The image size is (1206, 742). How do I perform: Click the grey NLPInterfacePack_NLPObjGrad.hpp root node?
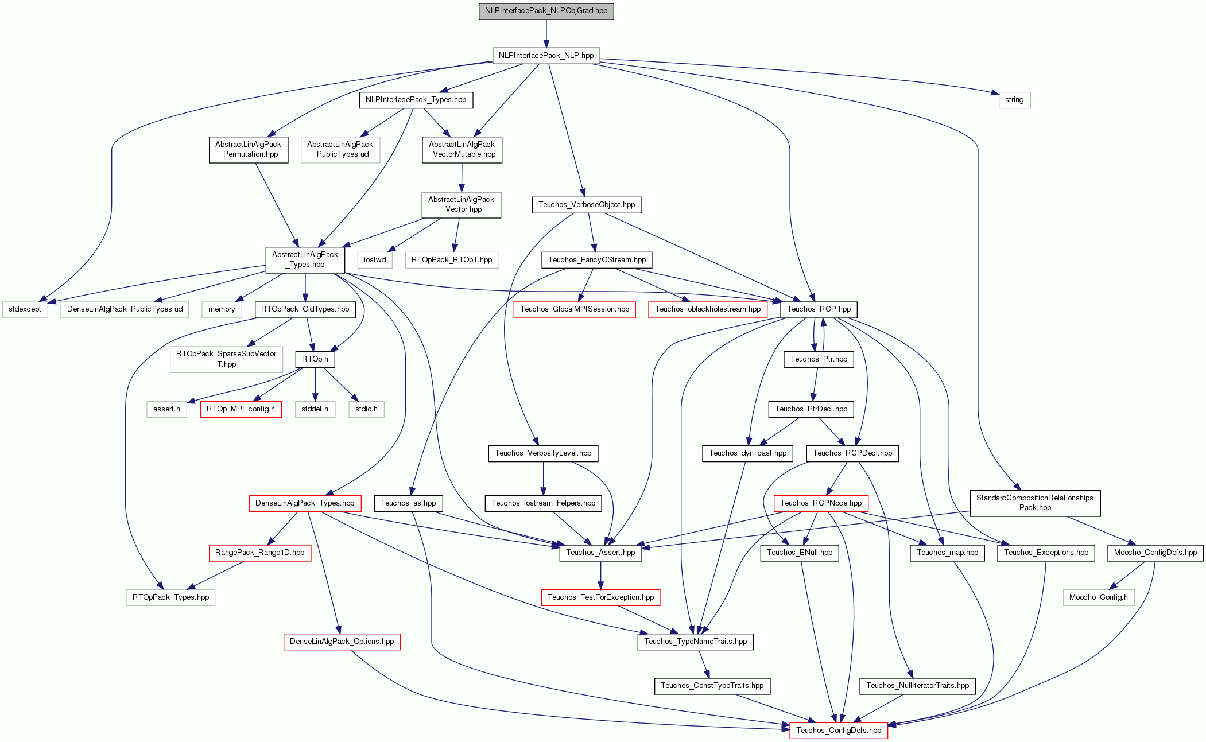point(546,11)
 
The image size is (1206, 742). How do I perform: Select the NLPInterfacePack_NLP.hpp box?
point(546,56)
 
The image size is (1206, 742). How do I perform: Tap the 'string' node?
point(1014,100)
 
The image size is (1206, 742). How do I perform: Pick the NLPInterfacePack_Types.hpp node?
point(416,100)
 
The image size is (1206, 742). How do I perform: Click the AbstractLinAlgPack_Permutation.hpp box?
point(248,149)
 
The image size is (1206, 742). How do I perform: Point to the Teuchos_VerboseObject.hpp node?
point(587,205)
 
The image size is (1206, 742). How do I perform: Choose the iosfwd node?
point(375,260)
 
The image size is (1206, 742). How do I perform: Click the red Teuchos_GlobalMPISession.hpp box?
point(575,309)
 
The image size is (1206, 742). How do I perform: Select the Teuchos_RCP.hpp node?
point(819,309)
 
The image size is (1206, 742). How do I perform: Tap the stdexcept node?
point(25,309)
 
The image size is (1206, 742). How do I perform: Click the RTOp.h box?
point(315,359)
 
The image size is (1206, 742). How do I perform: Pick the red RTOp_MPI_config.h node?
point(241,409)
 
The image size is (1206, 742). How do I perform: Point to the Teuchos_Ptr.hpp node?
point(819,359)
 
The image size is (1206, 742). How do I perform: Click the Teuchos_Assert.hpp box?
point(600,553)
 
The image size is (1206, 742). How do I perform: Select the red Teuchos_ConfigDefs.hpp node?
point(839,731)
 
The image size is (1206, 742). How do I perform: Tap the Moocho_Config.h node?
point(1098,597)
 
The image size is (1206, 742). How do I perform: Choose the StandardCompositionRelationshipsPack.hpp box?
point(1035,503)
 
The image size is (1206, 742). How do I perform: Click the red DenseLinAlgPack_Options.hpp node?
point(342,642)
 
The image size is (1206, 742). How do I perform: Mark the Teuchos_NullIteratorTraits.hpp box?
point(917,686)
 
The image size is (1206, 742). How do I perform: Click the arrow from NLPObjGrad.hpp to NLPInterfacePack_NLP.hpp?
point(546,34)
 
